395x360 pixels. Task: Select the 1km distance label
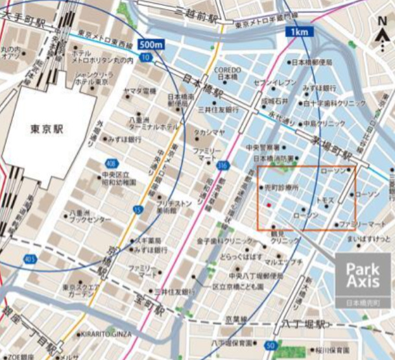[x=300, y=31]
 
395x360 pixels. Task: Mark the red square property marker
[x=268, y=206]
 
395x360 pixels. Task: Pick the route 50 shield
[x=270, y=344]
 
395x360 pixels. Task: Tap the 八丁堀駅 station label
[x=297, y=324]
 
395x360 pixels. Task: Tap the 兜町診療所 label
[x=281, y=187]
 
